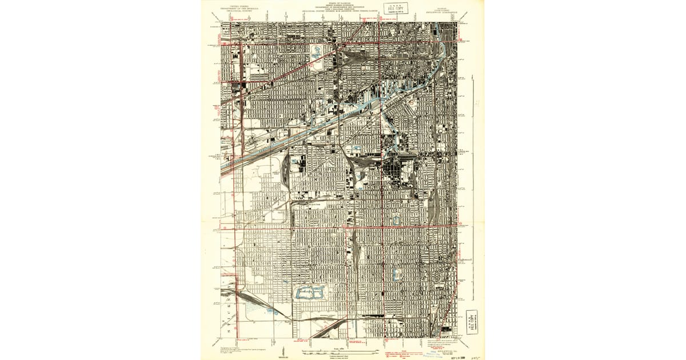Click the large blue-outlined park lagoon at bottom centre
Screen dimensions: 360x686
coord(309,293)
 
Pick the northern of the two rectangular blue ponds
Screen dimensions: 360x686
coord(396,219)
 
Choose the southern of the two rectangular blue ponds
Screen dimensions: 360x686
coord(396,275)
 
